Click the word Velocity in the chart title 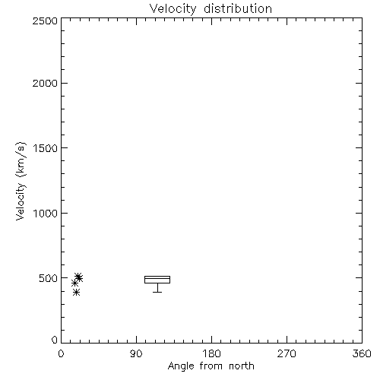click(173, 9)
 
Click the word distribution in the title click(238, 8)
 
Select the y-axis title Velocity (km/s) click(21, 181)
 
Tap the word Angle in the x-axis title click(181, 366)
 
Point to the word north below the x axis click(242, 366)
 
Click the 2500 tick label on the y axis click(45, 21)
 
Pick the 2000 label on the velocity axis click(45, 83)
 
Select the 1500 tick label click(46, 148)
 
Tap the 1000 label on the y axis click(46, 213)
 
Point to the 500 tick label click(49, 278)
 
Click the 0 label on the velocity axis click(55, 340)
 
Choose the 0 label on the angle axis click(61, 353)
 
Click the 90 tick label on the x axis click(136, 353)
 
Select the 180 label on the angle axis click(211, 353)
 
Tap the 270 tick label click(287, 353)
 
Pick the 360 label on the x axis click(362, 353)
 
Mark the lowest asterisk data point click(76, 293)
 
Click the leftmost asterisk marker click(74, 283)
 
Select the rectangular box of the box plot click(157, 276)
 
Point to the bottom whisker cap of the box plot click(157, 292)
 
